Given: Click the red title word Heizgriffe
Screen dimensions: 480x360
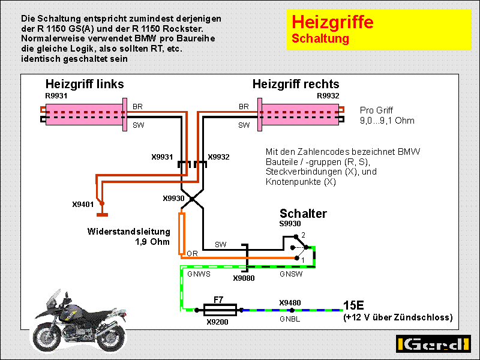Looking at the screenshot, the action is click(x=332, y=22).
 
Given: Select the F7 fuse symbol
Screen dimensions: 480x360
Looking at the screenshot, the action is click(x=220, y=310).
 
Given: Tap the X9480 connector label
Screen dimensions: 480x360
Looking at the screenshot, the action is click(x=290, y=303).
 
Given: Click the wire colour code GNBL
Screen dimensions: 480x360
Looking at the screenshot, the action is click(x=290, y=319).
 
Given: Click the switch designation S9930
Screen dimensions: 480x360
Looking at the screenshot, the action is click(x=290, y=224).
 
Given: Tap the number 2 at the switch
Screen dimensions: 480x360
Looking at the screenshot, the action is click(x=303, y=235).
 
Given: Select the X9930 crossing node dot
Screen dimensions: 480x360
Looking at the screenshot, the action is click(x=192, y=199).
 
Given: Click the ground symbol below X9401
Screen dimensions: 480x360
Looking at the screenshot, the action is click(x=102, y=215).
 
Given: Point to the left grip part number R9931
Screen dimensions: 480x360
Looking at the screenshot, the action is click(x=56, y=96).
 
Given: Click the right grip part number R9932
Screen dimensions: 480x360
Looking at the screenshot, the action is click(x=328, y=96).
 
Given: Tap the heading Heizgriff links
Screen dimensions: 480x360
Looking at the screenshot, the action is click(x=85, y=84).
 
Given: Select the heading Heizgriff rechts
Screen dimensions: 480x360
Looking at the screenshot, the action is click(x=296, y=84).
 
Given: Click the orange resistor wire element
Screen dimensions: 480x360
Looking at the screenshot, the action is click(x=182, y=234).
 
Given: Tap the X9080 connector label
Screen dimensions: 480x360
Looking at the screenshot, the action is click(x=244, y=278).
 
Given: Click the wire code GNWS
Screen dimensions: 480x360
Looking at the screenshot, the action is click(x=199, y=274).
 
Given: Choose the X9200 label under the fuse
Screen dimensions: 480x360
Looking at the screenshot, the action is click(x=217, y=322).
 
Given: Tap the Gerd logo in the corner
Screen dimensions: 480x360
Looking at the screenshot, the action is click(x=433, y=344).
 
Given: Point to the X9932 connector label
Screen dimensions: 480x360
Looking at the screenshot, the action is click(x=218, y=157).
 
